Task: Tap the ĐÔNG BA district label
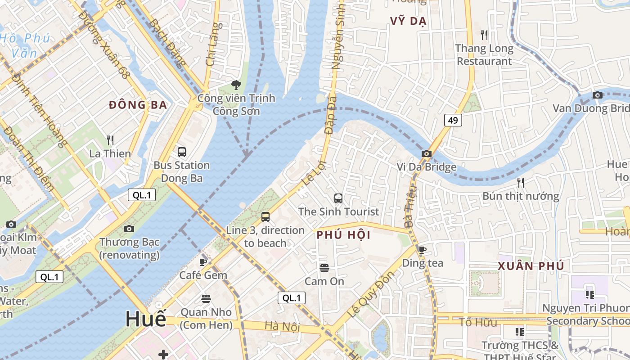138,105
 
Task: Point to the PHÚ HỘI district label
343,235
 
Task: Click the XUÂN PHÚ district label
531,266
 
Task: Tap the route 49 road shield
453,120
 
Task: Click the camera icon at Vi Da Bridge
426,154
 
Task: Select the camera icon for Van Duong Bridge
598,95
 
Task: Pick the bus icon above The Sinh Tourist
338,198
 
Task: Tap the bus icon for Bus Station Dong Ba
182,152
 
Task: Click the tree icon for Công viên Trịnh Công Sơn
236,85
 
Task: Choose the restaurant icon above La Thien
110,140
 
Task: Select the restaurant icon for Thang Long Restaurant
484,35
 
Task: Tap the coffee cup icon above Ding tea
422,250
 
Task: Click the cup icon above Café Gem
203,262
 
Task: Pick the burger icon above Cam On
324,268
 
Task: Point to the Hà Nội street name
282,326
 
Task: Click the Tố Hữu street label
478,322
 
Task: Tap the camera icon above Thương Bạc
129,229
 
